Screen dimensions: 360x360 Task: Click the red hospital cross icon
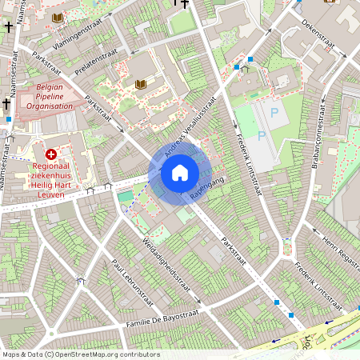point(52,154)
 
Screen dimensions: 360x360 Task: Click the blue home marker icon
point(179,173)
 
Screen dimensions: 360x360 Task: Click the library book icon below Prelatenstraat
point(141,84)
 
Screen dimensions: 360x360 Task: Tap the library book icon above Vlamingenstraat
point(57,17)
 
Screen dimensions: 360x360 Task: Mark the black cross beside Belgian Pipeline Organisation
point(7,103)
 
